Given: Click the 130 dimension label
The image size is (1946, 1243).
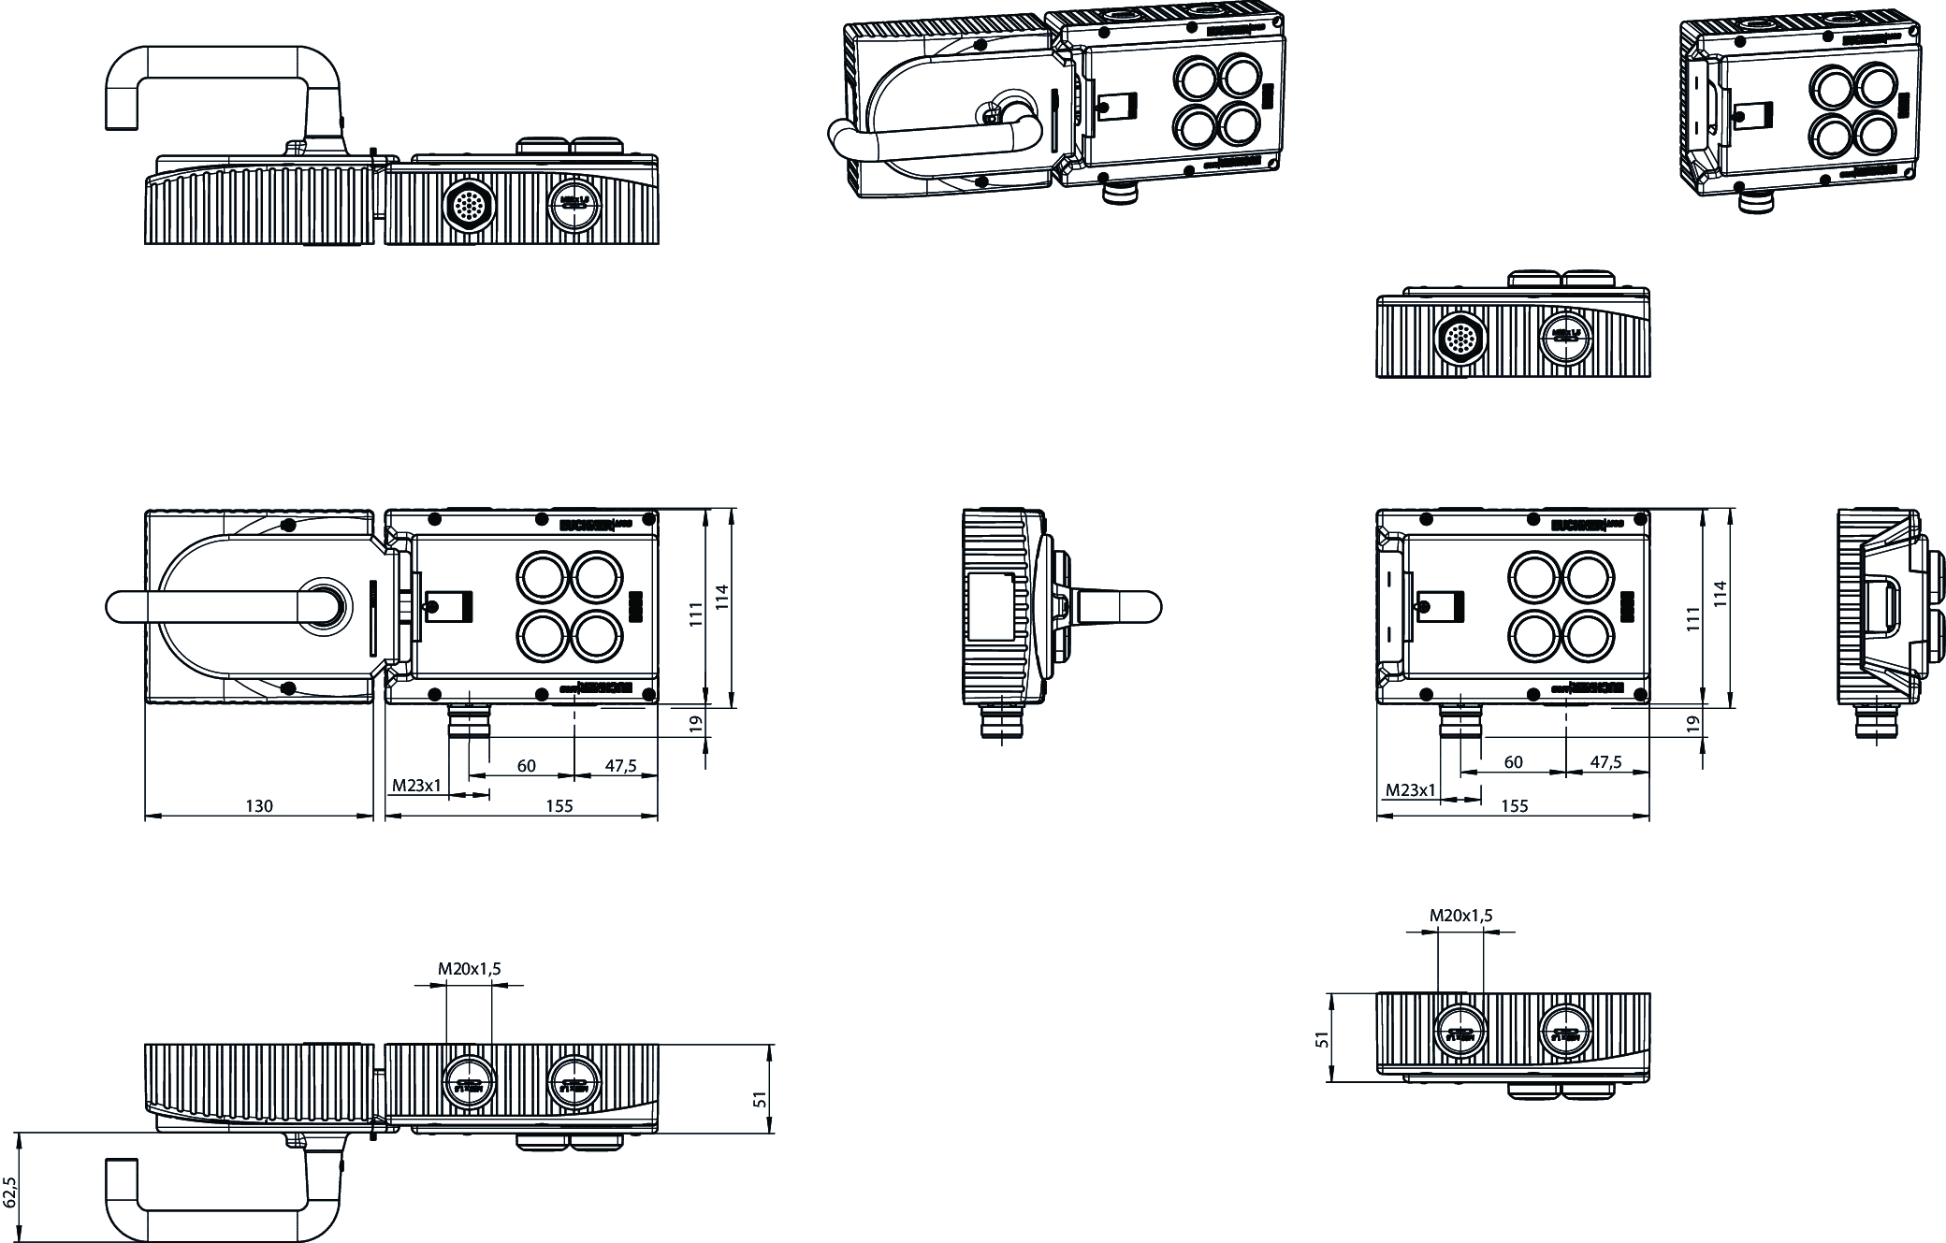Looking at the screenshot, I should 259,806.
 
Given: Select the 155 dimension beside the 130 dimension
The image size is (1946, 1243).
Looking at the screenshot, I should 559,806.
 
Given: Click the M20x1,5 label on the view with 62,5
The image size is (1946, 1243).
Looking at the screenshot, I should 469,969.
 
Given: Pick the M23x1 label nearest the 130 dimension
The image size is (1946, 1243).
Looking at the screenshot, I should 415,786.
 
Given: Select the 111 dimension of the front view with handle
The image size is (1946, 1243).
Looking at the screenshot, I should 696,614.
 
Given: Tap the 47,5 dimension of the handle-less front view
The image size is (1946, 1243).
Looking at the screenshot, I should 1605,762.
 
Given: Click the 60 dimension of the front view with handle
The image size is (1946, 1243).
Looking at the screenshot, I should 527,766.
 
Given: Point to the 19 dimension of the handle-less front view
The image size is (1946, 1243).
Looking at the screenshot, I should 1692,723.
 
